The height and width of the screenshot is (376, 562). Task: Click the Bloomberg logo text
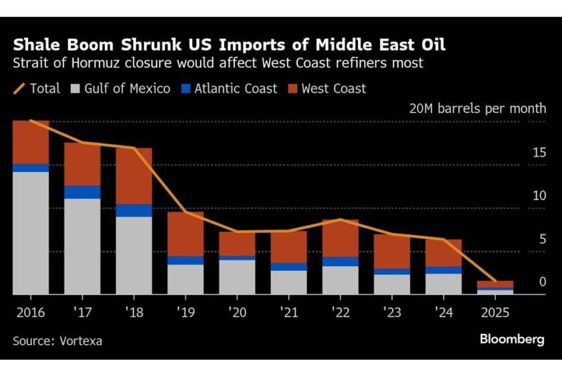512,339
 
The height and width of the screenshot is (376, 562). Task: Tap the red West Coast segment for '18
134,176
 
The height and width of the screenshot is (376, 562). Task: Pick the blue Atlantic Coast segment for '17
82,192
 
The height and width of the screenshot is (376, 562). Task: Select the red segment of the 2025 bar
495,284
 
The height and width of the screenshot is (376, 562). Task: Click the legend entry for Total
37,88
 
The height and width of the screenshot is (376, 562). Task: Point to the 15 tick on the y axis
539,153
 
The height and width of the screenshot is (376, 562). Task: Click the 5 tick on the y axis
543,240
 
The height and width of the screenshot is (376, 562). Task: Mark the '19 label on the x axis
185,312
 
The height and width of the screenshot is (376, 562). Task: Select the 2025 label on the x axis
495,312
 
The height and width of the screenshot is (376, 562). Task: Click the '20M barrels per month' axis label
478,108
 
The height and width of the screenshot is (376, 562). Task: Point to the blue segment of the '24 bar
444,270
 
